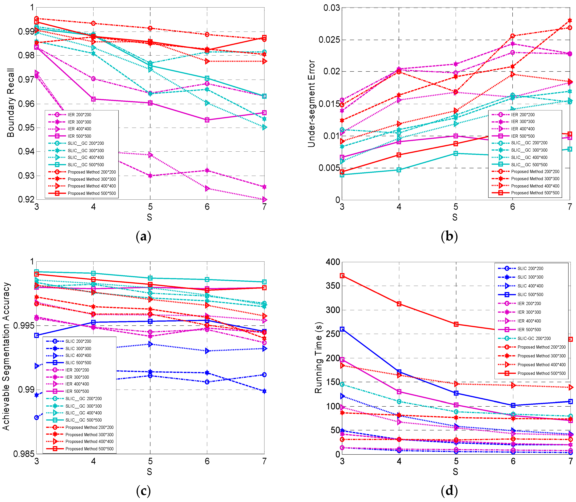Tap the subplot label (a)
coord(143,237)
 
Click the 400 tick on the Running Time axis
coord(333,262)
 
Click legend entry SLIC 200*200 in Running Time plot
coord(530,268)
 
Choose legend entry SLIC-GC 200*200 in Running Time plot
coord(534,338)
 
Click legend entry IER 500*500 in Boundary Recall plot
coord(79,136)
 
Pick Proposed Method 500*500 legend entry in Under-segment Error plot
coord(535,193)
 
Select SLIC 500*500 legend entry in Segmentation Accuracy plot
coord(78,363)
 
